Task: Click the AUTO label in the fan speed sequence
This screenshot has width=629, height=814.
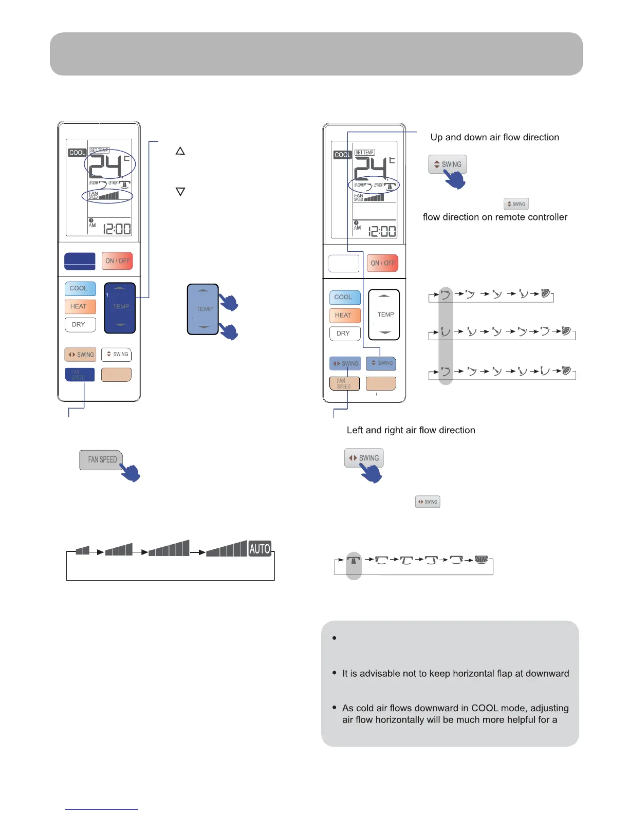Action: tap(260, 549)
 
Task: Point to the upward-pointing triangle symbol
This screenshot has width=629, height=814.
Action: tap(180, 151)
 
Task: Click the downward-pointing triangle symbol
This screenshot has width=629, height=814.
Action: tap(180, 192)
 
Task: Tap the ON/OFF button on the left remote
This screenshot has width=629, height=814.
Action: tap(117, 261)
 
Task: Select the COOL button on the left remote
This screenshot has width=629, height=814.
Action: tap(80, 288)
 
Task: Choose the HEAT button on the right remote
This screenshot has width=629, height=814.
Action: tap(344, 315)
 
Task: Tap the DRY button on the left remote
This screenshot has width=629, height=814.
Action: tap(80, 325)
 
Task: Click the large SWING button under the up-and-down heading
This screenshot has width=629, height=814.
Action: tap(448, 164)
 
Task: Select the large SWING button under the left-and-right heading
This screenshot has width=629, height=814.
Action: tap(364, 457)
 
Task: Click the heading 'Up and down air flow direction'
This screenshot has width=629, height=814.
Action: tap(494, 137)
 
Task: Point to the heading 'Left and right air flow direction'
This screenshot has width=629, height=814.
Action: tap(411, 430)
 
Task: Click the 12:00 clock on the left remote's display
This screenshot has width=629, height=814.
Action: tap(117, 229)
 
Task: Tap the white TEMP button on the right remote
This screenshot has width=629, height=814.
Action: tap(384, 314)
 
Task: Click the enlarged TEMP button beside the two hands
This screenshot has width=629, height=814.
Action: tap(203, 309)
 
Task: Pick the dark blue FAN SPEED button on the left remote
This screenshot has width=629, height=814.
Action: tap(79, 375)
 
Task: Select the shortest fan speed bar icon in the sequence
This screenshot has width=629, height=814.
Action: tap(82, 551)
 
